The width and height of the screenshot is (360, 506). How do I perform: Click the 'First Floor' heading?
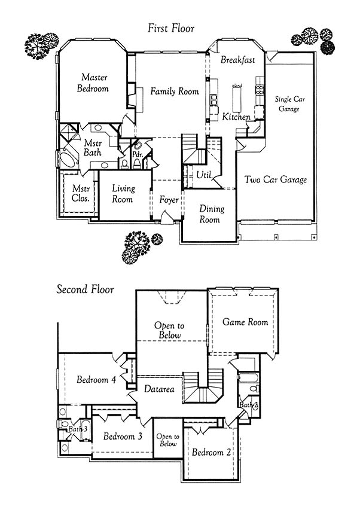171,28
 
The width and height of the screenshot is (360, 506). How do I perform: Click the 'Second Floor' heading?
85,289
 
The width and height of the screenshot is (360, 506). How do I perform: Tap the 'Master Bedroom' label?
93,83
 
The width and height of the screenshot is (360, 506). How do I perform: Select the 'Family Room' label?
175,92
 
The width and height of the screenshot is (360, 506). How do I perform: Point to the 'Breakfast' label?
238,60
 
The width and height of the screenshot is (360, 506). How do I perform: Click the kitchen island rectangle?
237,99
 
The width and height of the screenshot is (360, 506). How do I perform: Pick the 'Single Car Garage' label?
289,104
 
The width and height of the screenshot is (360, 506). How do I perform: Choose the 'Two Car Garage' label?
276,179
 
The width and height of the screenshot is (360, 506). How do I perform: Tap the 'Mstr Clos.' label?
81,193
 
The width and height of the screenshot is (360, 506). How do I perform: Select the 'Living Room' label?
123,193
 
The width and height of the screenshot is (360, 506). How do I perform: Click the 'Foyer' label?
169,200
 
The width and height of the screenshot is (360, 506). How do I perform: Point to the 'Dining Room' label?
211,214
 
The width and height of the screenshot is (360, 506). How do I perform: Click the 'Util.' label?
205,175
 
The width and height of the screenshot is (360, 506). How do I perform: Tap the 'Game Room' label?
245,322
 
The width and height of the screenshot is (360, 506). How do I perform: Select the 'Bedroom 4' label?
96,379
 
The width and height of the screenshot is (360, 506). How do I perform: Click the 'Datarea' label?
159,389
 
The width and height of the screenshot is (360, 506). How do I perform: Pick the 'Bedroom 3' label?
123,436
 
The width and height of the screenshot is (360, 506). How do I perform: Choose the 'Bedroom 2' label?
211,452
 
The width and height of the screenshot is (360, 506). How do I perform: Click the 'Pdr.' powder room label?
138,154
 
